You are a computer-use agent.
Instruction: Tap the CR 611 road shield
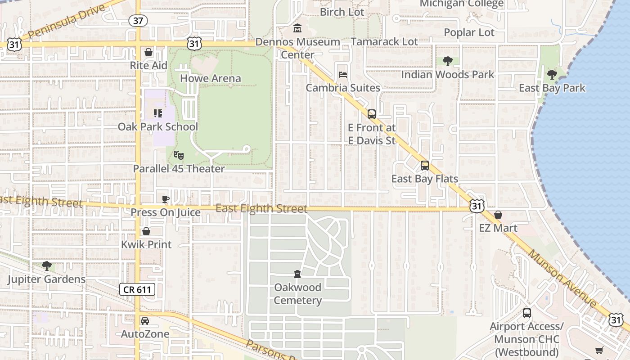coord(137,289)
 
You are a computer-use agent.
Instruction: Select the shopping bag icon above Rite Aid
coord(148,52)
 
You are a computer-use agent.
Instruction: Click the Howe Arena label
coord(211,78)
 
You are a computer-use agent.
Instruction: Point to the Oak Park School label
coord(157,126)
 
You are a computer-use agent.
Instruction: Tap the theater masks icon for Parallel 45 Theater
coord(179,155)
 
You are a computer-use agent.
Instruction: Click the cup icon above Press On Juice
coord(166,199)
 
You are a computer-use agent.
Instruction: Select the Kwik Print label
coord(146,244)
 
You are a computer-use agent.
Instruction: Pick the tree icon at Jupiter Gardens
coord(46,266)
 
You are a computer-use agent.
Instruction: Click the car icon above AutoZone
coord(145,321)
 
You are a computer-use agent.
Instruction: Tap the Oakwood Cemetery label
coord(297,294)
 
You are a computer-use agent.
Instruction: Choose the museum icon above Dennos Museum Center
coord(297,29)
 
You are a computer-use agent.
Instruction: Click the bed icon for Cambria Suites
coord(343,74)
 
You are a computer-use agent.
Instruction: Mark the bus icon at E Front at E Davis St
coord(372,114)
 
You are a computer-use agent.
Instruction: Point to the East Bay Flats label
coord(424,179)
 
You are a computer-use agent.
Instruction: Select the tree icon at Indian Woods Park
coord(447,61)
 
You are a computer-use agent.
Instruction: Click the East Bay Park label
coord(552,88)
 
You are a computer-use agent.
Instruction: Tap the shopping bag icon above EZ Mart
coord(498,215)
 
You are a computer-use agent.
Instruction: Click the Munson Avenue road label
coord(562,279)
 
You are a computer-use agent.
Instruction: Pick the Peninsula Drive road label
coord(67,22)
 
